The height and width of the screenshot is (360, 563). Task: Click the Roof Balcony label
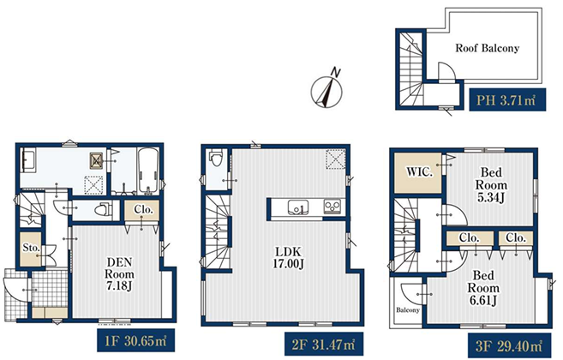click(x=488, y=48)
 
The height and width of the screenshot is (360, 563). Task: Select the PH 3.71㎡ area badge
click(x=507, y=99)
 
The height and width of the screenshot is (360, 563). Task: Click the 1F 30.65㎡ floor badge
click(x=135, y=340)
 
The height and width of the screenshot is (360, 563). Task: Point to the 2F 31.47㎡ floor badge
click(x=324, y=344)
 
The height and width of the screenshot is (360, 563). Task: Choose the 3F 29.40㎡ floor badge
click(x=510, y=345)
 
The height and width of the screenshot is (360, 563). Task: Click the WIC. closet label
click(x=419, y=172)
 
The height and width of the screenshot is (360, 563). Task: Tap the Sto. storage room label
click(x=31, y=247)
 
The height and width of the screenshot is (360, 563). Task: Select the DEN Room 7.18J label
click(x=120, y=274)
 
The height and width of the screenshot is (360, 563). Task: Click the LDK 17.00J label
click(x=288, y=257)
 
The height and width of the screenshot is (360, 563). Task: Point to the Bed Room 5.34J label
click(x=491, y=185)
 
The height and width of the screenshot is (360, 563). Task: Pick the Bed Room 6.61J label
click(x=483, y=288)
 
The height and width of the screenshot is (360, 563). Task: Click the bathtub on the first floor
click(x=148, y=171)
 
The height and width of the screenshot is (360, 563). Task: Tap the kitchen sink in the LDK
click(x=297, y=207)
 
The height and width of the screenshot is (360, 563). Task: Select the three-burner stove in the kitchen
click(x=332, y=207)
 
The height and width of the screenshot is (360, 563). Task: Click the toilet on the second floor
click(x=217, y=158)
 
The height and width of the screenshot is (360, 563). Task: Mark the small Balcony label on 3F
click(x=408, y=309)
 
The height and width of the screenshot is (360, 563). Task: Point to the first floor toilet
click(x=102, y=209)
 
